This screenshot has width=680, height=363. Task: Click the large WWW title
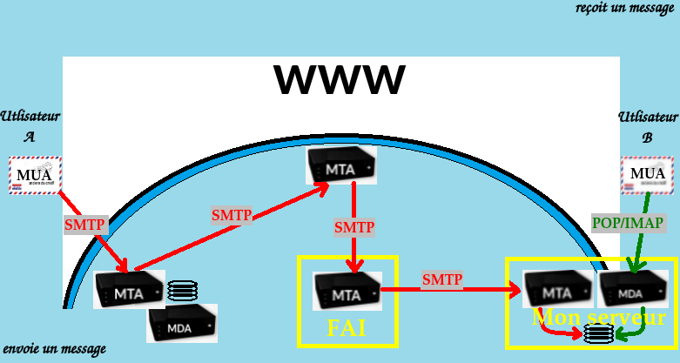click(340, 80)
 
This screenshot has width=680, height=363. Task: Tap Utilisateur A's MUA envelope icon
click(35, 175)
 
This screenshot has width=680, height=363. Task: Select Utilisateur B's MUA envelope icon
click(647, 174)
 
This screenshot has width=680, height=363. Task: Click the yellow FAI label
click(347, 329)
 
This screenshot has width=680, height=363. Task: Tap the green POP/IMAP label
click(627, 223)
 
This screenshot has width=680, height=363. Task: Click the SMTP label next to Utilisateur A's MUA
click(84, 225)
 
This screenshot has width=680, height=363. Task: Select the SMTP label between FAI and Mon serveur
click(442, 280)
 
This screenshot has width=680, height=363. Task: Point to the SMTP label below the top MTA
click(354, 227)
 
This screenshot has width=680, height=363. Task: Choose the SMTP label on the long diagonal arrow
click(232, 215)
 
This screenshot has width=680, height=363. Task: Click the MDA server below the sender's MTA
click(181, 323)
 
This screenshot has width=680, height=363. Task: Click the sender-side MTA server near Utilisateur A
click(129, 290)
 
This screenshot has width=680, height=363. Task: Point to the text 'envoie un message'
click(54, 349)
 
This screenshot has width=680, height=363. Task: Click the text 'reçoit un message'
click(625, 9)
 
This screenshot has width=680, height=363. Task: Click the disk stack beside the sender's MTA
click(182, 289)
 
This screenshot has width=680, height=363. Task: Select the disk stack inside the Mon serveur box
click(599, 333)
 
